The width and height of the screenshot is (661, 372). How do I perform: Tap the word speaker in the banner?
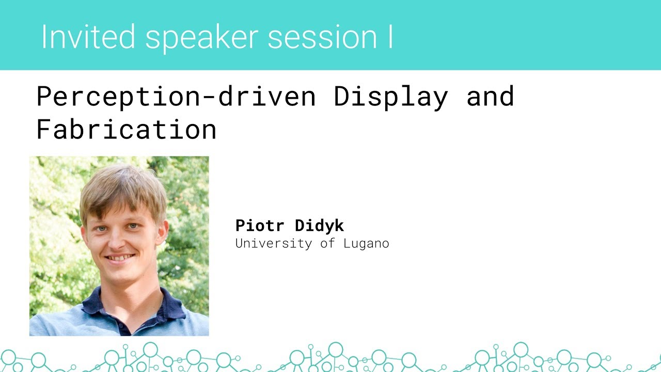201,37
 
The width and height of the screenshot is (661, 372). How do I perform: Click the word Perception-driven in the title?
176,97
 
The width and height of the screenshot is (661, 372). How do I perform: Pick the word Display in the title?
390,97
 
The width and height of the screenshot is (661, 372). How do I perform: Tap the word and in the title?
490,97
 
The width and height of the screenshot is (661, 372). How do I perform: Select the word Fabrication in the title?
127,129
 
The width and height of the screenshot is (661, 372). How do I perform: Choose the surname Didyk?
319,226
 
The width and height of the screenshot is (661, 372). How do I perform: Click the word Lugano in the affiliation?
366,243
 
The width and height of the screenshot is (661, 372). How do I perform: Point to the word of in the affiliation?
327,243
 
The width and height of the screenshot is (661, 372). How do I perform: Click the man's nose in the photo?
118,239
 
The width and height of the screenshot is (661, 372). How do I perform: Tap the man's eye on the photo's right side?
133,226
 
